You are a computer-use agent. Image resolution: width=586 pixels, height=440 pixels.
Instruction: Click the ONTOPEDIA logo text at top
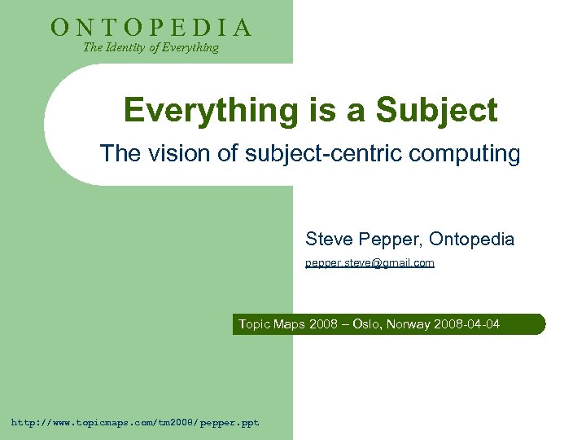151,28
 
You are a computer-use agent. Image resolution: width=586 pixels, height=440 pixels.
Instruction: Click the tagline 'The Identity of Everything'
151,47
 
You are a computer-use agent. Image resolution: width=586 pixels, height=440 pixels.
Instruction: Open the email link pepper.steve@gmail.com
370,263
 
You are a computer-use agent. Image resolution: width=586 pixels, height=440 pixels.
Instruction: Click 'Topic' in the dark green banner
254,325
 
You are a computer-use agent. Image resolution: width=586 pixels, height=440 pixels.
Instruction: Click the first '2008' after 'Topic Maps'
324,325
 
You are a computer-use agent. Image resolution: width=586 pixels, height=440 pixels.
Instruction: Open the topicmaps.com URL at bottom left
135,423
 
